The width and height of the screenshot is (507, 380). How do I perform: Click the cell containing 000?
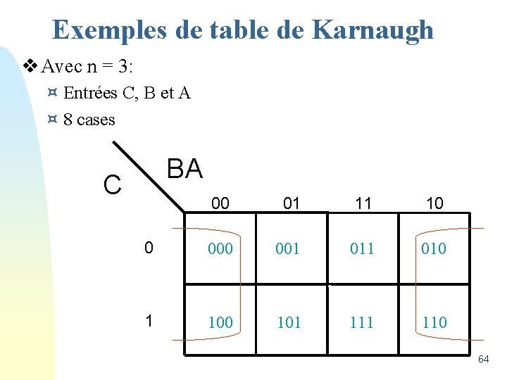tap(220, 248)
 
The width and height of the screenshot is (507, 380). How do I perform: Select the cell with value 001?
tap(291, 248)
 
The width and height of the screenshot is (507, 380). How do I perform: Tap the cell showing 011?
tap(362, 248)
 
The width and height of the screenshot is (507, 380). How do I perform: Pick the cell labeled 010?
tap(433, 248)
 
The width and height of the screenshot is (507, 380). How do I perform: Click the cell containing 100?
tap(220, 322)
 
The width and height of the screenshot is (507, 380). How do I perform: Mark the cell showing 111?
tap(362, 322)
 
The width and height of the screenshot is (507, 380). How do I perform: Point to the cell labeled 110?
tap(434, 322)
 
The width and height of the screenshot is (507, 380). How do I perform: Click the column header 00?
tap(220, 203)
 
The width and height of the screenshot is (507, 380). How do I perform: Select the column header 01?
tap(292, 203)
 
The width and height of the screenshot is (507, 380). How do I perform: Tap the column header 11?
tap(363, 203)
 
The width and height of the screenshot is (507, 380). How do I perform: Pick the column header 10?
tap(434, 203)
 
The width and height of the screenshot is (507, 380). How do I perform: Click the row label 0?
tap(149, 247)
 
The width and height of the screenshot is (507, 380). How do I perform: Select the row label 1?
tap(149, 321)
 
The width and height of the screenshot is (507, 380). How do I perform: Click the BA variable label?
tap(184, 169)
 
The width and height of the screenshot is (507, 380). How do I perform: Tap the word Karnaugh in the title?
tap(373, 30)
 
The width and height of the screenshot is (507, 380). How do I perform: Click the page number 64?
tap(483, 360)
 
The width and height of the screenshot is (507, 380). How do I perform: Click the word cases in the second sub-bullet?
tap(96, 120)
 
